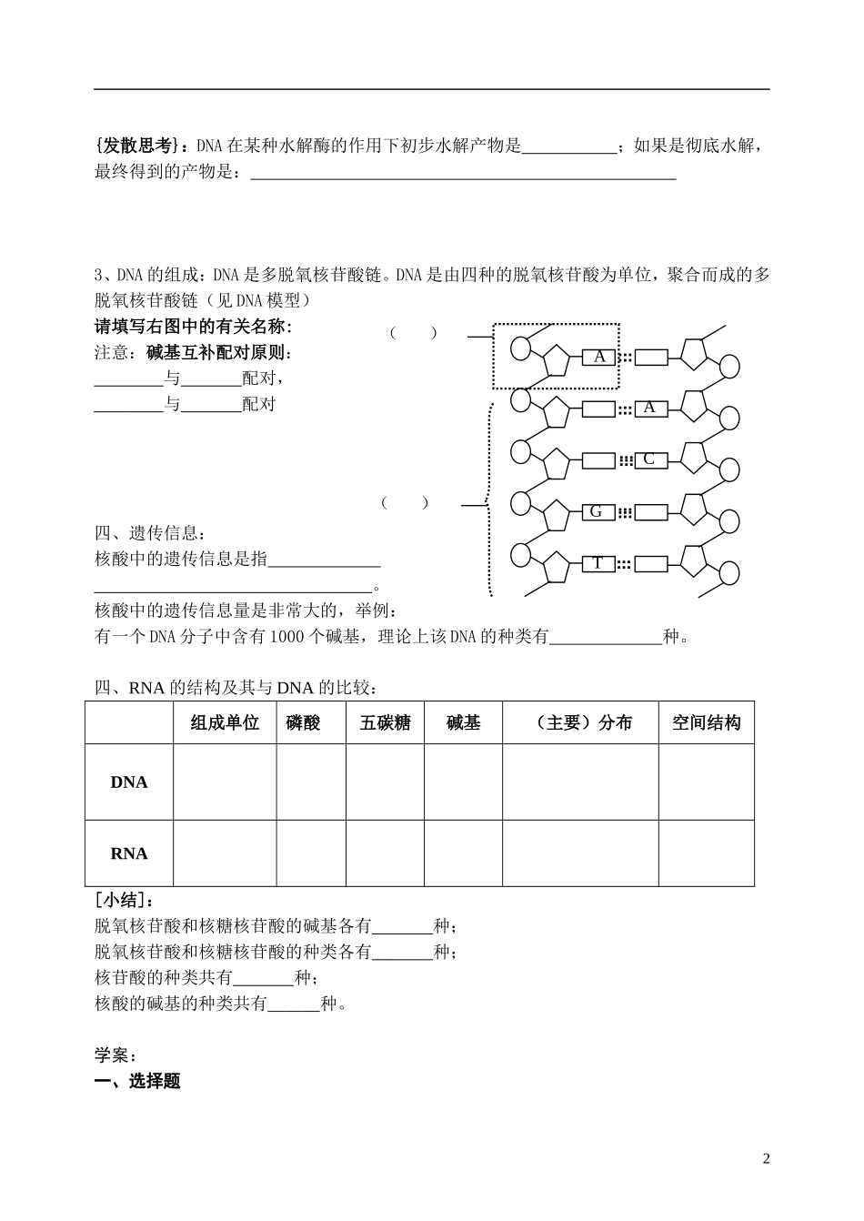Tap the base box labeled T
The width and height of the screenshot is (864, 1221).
tap(598, 564)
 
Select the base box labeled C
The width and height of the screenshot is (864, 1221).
tap(649, 459)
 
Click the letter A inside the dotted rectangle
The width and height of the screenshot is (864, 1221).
tap(599, 357)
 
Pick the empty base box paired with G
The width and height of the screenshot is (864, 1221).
tap(649, 512)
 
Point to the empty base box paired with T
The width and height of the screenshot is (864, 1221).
tap(649, 564)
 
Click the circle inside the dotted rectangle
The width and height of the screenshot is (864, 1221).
tap(521, 348)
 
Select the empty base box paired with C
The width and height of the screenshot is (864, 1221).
tap(598, 460)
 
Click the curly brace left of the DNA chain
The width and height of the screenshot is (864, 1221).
tap(489, 501)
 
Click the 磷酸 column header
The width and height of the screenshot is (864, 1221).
tap(303, 723)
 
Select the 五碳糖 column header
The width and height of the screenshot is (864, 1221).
tap(385, 723)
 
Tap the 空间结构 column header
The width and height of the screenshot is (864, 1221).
tap(706, 723)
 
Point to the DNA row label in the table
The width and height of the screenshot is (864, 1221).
tap(129, 782)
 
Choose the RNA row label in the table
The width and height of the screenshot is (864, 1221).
tap(129, 853)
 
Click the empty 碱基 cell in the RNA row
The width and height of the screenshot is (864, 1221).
tap(463, 853)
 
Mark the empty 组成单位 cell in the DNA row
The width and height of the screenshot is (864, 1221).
tap(225, 782)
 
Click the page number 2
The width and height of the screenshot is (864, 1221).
tap(766, 1158)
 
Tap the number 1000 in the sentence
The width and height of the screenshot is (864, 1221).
tap(289, 637)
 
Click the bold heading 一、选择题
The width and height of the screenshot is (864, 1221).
tap(137, 1081)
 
